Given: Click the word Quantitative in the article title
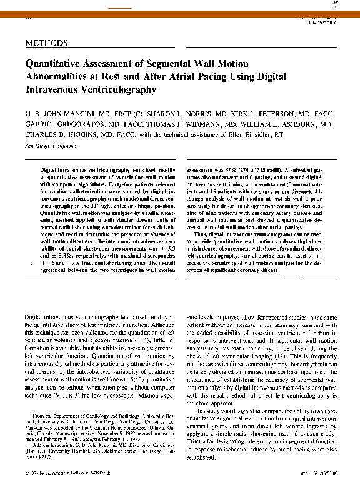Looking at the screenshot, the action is (54, 64).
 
